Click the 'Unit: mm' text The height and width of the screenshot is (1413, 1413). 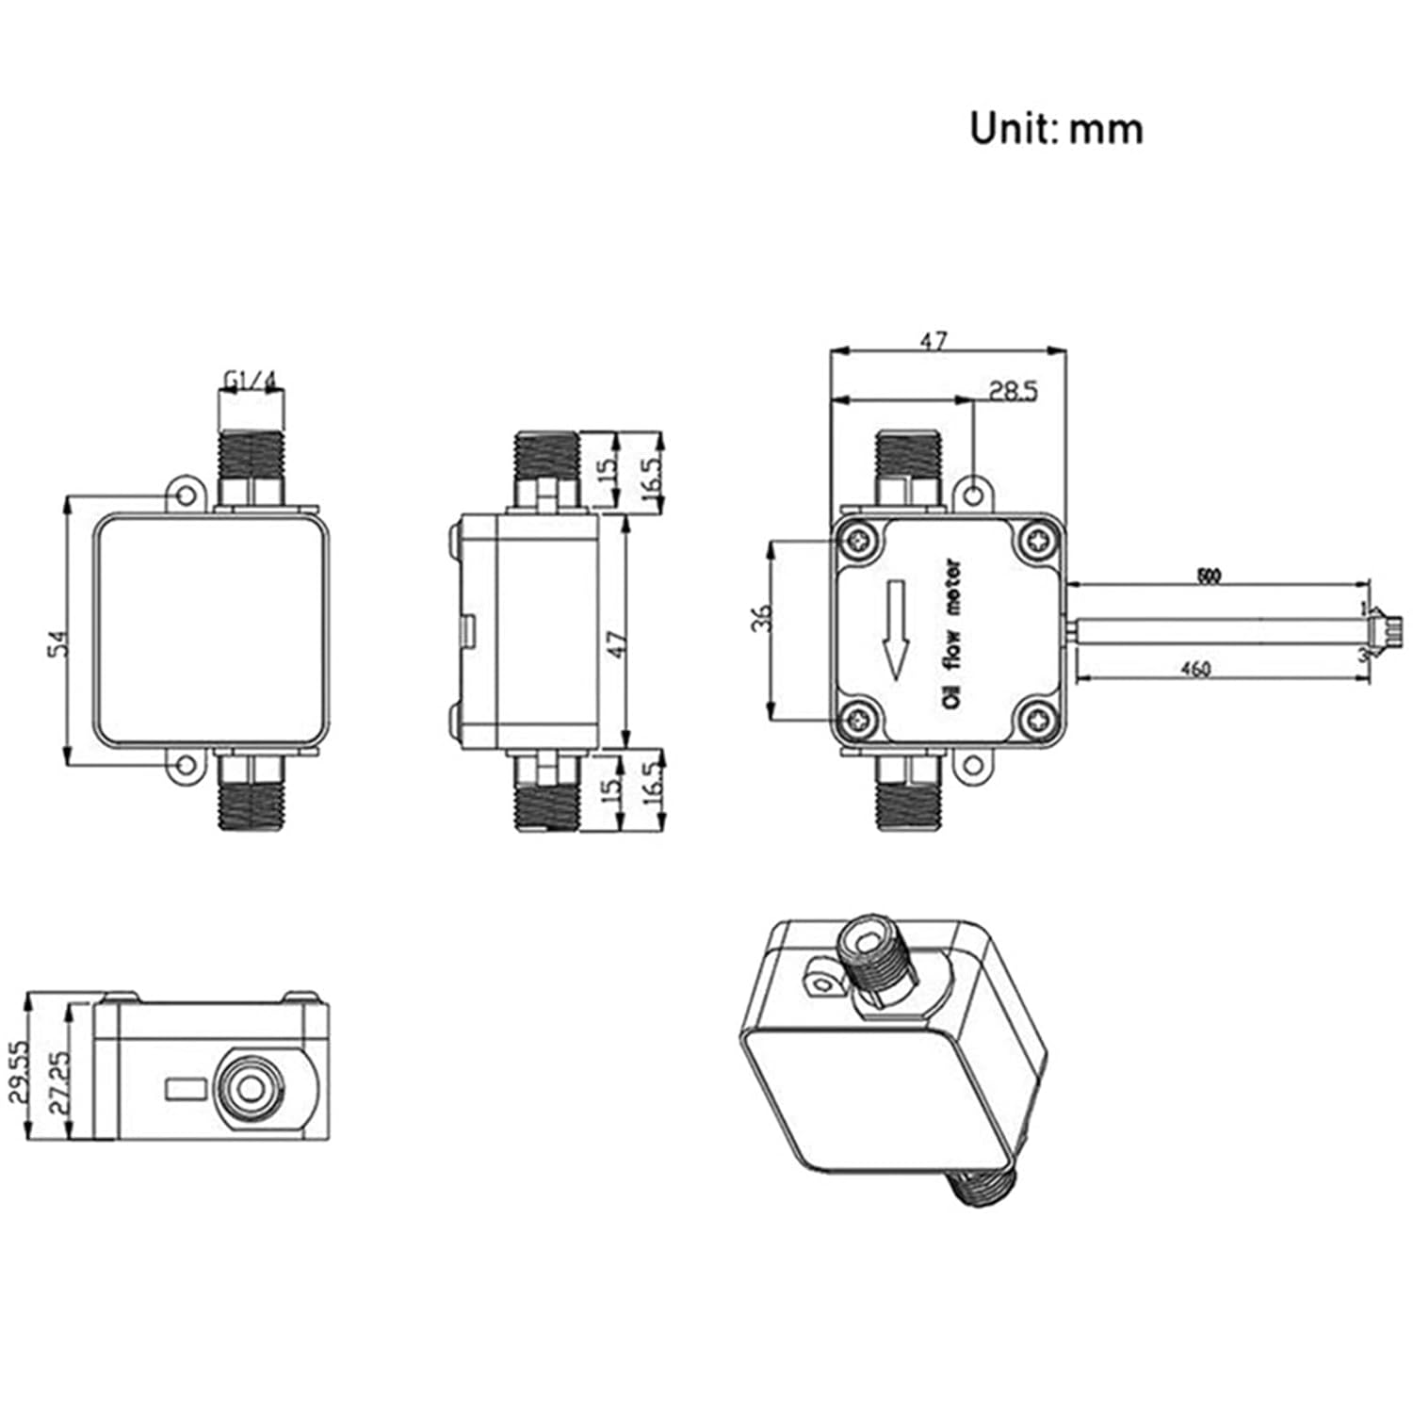tap(1056, 129)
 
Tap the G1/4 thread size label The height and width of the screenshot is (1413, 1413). tap(251, 380)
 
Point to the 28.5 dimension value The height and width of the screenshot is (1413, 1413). tap(1013, 390)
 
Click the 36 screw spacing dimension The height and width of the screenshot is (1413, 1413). tap(762, 618)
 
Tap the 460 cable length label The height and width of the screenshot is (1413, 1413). tap(1194, 669)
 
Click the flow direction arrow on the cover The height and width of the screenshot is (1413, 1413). tap(896, 629)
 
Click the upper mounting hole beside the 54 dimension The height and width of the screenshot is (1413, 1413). tap(187, 495)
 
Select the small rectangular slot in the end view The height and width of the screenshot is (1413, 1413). tap(185, 1089)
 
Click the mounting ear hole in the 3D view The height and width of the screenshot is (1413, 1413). tap(821, 980)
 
